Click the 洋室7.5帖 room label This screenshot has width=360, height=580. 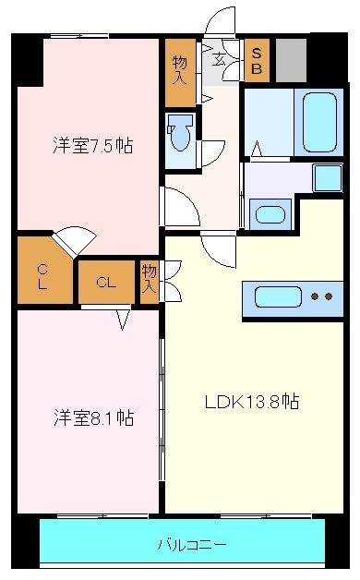point(91,145)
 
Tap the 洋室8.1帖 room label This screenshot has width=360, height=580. point(92,418)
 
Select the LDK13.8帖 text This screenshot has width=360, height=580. point(250,402)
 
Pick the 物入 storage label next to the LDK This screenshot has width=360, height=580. point(150,280)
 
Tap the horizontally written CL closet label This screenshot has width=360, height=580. point(105,283)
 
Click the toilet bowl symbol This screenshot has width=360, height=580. point(182,137)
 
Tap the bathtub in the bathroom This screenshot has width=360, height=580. point(320,121)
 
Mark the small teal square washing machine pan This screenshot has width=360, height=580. point(326,176)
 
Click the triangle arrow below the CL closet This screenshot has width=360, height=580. point(124,320)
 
